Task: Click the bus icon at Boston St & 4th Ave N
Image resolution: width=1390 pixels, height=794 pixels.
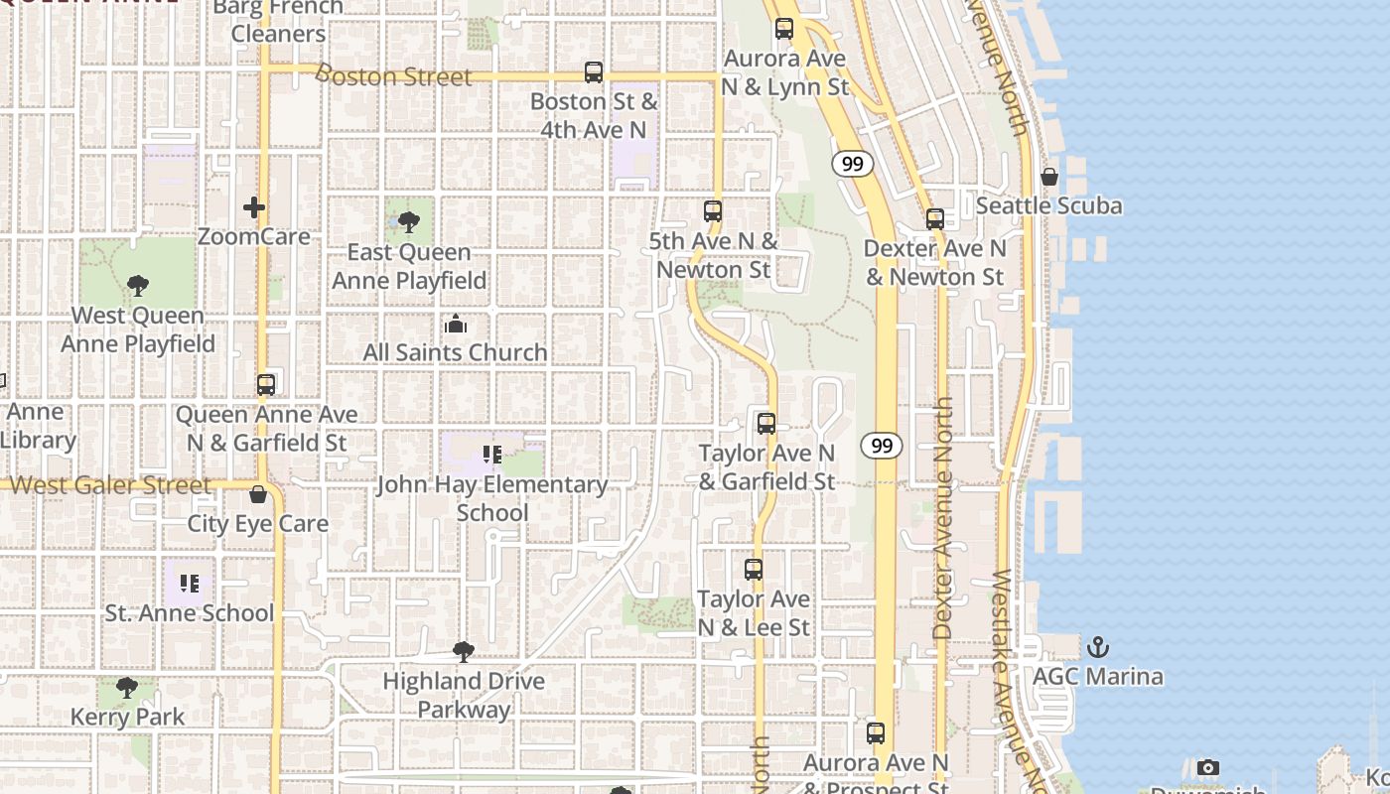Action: (594, 72)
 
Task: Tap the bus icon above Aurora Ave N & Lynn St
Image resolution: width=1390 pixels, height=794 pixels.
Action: (784, 29)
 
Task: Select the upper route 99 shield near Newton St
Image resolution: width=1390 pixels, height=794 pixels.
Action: (853, 164)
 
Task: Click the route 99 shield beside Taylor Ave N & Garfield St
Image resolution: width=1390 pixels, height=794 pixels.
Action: (882, 446)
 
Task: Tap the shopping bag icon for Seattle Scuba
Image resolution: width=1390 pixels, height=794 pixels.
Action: (1048, 177)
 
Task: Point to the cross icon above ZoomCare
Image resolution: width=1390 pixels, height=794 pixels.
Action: (254, 207)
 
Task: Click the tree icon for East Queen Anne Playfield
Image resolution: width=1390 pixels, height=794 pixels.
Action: (408, 222)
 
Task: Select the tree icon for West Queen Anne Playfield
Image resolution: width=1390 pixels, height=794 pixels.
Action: (138, 286)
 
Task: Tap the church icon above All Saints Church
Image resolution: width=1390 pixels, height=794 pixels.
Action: (456, 324)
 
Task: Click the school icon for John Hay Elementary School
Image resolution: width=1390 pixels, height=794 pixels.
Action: (491, 456)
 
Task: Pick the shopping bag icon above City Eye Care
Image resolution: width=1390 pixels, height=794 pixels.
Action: (258, 494)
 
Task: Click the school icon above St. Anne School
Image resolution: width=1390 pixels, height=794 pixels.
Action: (190, 584)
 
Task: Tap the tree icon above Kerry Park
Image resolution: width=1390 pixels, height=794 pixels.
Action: (126, 688)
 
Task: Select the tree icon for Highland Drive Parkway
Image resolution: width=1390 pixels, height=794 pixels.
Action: (463, 652)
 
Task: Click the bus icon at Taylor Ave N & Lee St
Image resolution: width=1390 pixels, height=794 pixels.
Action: (754, 570)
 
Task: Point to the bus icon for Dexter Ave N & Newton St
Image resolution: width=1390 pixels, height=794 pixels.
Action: (935, 219)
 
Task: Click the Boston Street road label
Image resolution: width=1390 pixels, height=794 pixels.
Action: (394, 76)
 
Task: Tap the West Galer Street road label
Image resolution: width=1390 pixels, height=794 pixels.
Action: (110, 485)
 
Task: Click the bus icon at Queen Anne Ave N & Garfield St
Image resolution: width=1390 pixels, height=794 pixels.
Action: (266, 385)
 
